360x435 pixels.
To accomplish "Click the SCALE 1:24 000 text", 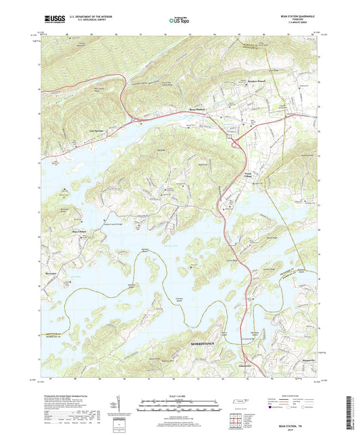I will (x=180, y=396).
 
